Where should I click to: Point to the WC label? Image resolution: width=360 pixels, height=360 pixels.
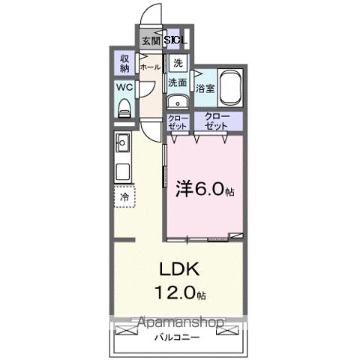[x=125, y=87]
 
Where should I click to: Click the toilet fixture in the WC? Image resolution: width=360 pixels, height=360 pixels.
[x=125, y=107]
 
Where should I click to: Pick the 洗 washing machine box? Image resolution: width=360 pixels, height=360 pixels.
[x=178, y=63]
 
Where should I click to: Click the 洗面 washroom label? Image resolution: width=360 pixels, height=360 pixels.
[x=178, y=82]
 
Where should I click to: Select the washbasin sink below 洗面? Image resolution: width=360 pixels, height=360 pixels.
[x=178, y=103]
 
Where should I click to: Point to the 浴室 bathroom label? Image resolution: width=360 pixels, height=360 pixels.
[x=205, y=88]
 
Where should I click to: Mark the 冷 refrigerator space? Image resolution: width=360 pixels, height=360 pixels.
[x=124, y=196]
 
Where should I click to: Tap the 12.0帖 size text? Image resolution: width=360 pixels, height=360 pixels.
[x=179, y=290]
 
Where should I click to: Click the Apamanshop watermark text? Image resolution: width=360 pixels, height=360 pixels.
[x=179, y=323]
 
